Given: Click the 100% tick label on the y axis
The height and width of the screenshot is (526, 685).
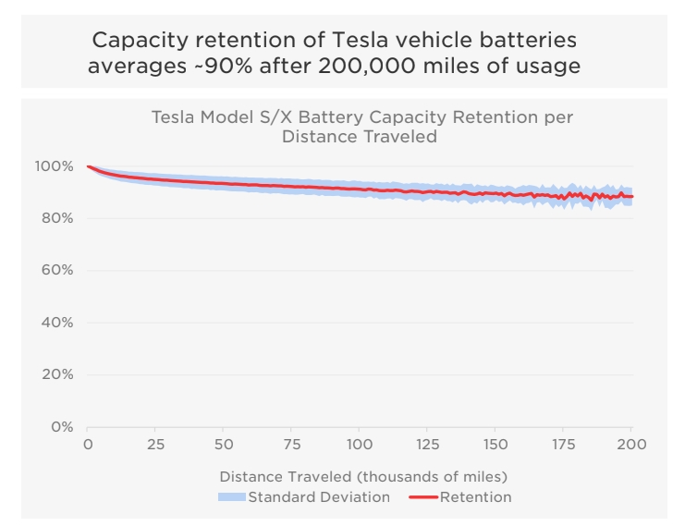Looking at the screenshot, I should click(x=54, y=166).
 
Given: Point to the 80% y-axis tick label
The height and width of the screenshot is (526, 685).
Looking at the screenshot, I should click(x=56, y=218).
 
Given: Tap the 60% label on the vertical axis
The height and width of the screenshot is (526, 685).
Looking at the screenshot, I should click(x=56, y=271).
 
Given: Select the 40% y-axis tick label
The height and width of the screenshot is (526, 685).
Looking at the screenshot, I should click(x=56, y=323).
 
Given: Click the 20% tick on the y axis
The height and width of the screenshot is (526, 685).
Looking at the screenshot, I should click(x=56, y=374).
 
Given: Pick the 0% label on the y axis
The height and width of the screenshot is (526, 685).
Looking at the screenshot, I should click(x=61, y=427).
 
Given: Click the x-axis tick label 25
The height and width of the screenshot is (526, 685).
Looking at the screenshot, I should click(x=155, y=445).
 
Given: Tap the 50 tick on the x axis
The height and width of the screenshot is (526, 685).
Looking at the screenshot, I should click(x=223, y=445).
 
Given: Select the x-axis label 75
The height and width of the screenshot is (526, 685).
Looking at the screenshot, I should click(x=291, y=445).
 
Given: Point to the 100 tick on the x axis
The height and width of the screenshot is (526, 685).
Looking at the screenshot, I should click(x=359, y=445).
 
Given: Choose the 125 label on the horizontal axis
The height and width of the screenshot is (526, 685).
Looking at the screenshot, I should click(x=427, y=445).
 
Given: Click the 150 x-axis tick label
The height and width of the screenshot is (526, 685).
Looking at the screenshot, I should click(x=495, y=445).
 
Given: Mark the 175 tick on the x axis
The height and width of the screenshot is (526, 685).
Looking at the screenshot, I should click(x=563, y=445).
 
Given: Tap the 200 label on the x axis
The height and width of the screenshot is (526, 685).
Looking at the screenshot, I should click(x=631, y=445).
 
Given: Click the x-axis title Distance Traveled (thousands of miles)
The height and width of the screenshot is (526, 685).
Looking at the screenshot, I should click(x=362, y=477).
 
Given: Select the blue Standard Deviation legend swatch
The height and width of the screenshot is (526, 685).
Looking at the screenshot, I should click(x=232, y=497).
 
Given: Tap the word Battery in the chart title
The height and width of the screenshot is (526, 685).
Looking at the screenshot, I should click(x=357, y=117).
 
